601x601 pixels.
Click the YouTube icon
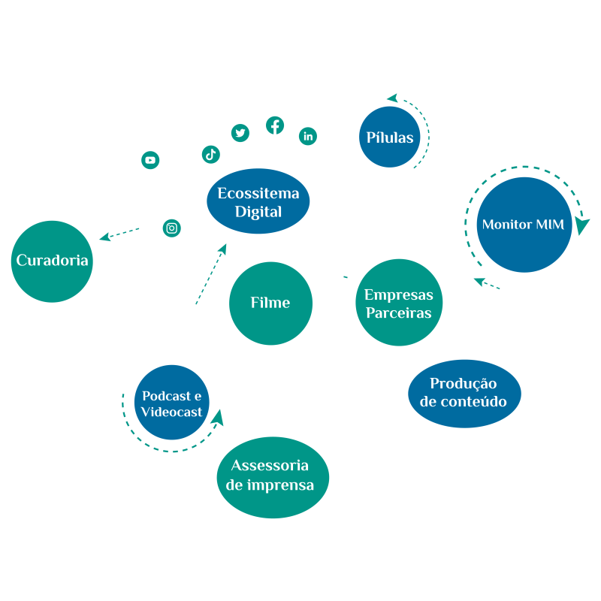click(x=150, y=160)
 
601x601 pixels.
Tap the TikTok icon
click(x=210, y=154)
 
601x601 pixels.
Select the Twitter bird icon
click(x=240, y=133)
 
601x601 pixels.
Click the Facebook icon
click(x=276, y=125)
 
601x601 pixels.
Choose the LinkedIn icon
click(x=308, y=136)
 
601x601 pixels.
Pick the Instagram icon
click(x=172, y=228)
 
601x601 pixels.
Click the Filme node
click(x=270, y=303)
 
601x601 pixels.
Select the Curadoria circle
click(x=52, y=261)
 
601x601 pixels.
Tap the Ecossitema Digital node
click(x=258, y=202)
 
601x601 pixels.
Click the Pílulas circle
click(x=390, y=137)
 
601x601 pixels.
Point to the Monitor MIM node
click(x=524, y=225)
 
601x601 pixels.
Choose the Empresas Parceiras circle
click(x=399, y=303)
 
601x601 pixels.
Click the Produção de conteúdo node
click(x=464, y=393)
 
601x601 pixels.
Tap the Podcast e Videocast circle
click(x=172, y=402)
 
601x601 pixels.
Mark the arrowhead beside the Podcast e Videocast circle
click(x=218, y=416)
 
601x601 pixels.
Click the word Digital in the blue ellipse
click(x=258, y=212)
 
